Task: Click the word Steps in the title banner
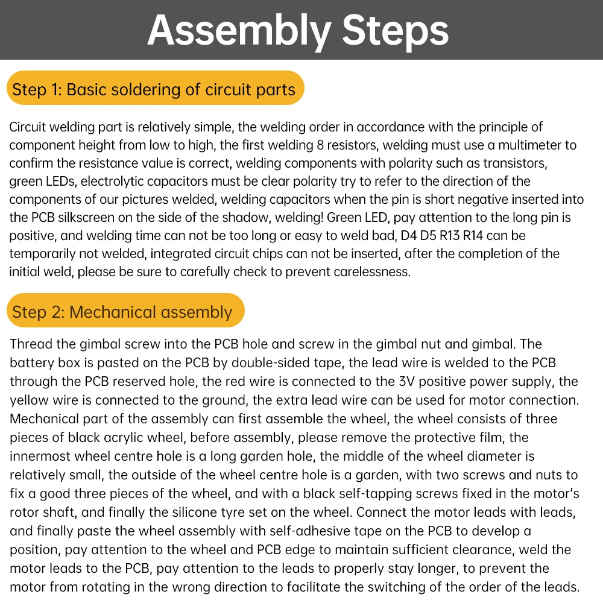(395, 30)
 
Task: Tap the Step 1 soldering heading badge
(154, 90)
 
